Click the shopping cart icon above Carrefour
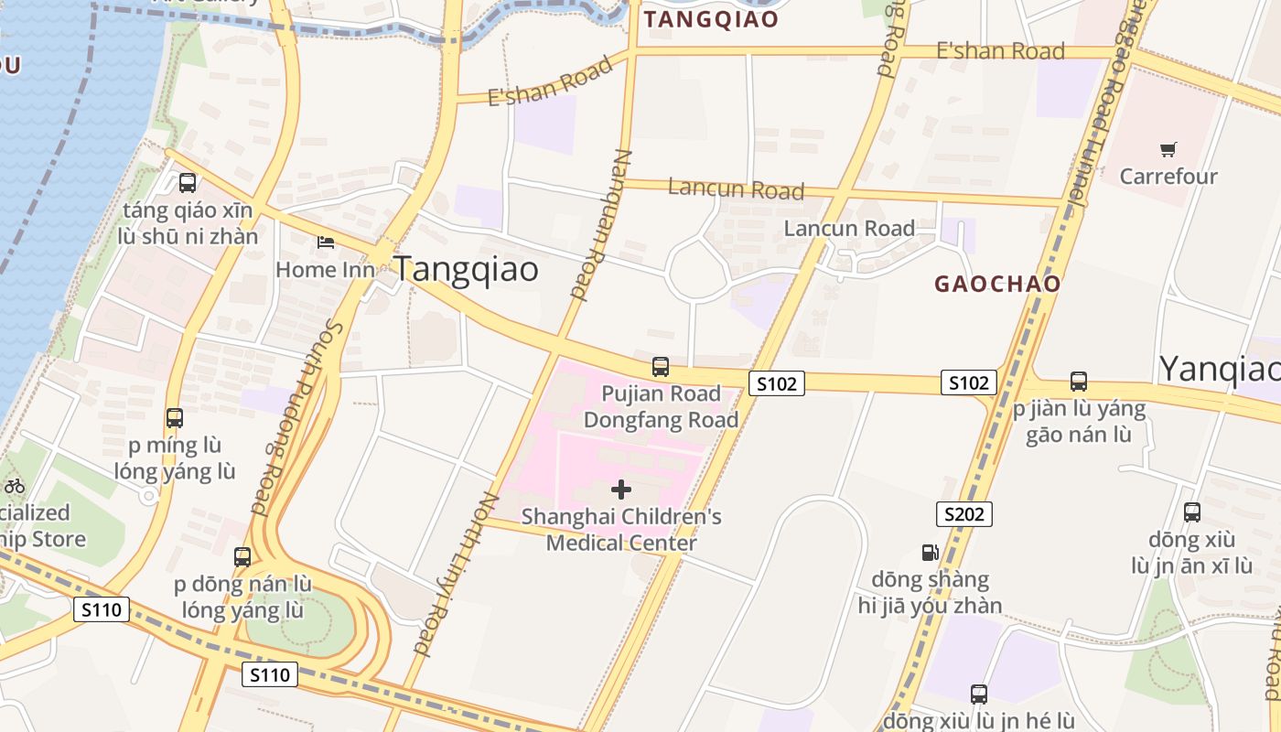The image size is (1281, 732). click(x=1168, y=149)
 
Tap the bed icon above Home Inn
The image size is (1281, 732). click(x=325, y=242)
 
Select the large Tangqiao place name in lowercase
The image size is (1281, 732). click(x=466, y=269)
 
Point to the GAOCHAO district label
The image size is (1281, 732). click(x=997, y=284)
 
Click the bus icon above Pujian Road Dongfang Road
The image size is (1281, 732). click(x=661, y=367)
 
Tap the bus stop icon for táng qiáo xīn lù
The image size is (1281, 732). click(x=188, y=183)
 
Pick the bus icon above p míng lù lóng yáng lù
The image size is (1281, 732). click(x=175, y=418)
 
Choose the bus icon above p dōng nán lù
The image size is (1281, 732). click(x=242, y=556)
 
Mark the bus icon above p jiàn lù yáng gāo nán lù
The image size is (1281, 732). click(x=1079, y=382)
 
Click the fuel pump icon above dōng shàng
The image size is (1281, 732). click(x=930, y=553)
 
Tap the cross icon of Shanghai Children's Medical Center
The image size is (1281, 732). click(x=621, y=490)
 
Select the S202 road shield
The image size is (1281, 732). click(x=964, y=514)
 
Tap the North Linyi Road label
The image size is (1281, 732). click(x=454, y=575)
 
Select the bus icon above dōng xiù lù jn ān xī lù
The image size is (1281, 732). click(x=1192, y=512)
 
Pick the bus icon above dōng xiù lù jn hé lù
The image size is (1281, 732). click(x=979, y=694)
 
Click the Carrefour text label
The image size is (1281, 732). click(x=1168, y=177)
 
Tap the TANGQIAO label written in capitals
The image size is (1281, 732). click(x=711, y=19)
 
